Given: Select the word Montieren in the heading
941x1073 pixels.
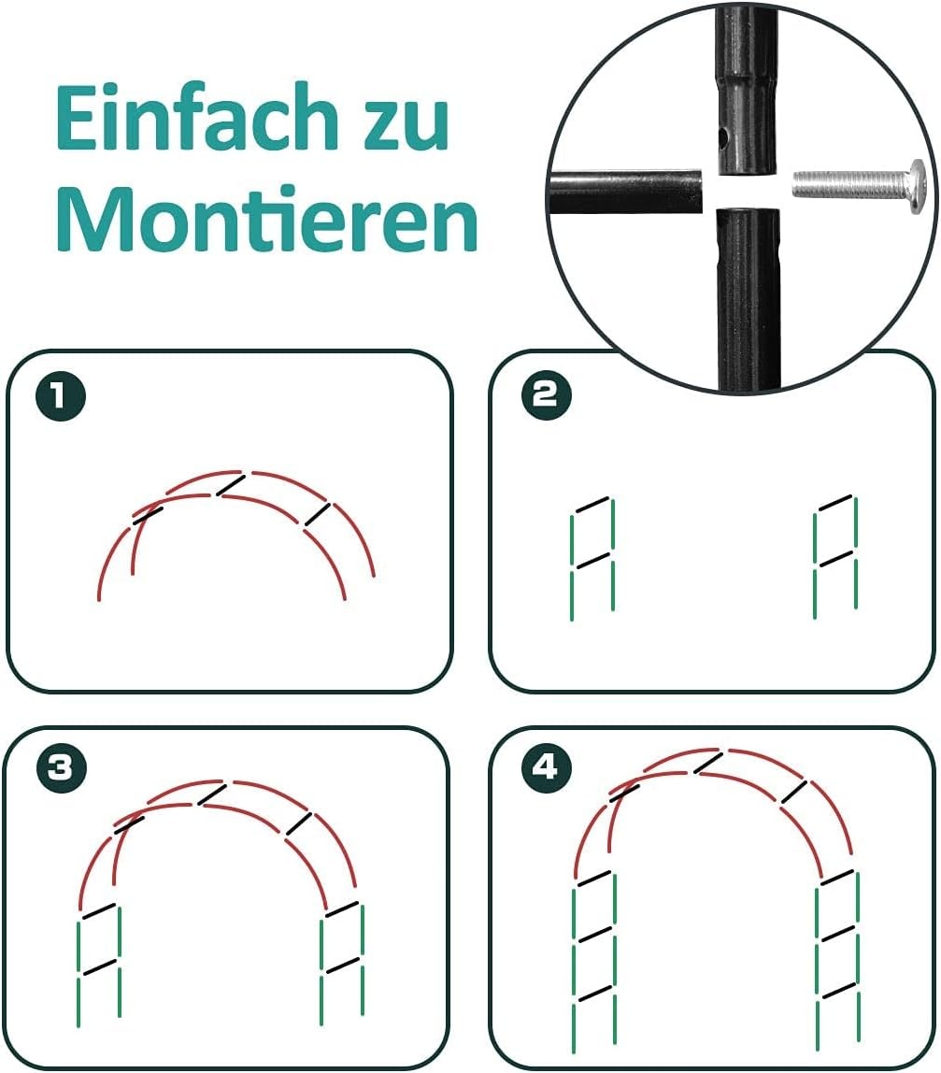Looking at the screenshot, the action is tap(267, 218).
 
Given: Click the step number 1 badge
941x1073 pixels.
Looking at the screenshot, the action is tap(61, 395).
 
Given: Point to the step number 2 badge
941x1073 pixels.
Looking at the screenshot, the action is tap(546, 394).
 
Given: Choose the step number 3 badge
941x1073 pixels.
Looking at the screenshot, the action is tap(62, 767).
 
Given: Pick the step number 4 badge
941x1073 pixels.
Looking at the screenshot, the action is tap(546, 767).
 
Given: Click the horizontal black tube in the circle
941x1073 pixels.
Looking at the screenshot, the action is tap(626, 193).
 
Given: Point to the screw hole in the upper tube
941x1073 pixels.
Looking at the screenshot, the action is tap(723, 141).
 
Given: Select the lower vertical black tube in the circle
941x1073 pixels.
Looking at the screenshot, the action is tap(748, 300).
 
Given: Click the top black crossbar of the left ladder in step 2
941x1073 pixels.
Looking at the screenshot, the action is tap(592, 505).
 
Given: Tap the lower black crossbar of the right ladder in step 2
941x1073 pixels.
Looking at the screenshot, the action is tap(836, 558).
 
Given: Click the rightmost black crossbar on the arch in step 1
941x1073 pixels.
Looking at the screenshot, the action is tap(318, 515).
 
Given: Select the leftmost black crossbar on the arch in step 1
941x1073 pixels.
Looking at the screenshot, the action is tap(149, 515).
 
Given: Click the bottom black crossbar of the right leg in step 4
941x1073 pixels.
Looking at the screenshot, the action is tap(838, 990).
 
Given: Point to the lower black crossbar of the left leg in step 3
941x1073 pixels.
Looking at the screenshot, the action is tap(99, 966).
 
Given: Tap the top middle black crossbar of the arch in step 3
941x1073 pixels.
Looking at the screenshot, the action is tap(212, 794).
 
